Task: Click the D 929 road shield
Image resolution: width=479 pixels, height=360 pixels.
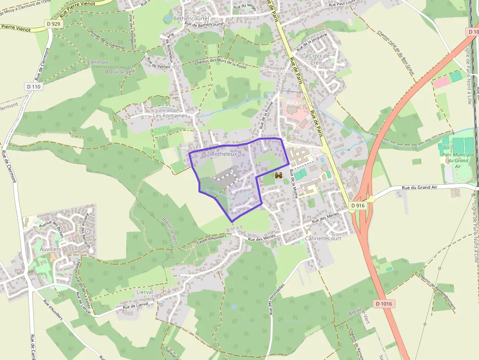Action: pyautogui.click(x=54, y=23)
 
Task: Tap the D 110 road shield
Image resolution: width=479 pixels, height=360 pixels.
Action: pyautogui.click(x=34, y=86)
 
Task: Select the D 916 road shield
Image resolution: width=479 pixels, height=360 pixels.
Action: pyautogui.click(x=358, y=206)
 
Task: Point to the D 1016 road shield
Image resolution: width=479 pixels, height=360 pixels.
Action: pyautogui.click(x=385, y=303)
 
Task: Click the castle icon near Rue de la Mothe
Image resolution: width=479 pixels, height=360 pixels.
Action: pyautogui.click(x=279, y=175)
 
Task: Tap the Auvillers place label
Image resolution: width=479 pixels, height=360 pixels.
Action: pyautogui.click(x=50, y=249)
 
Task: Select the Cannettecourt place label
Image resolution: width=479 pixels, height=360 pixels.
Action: pyautogui.click(x=323, y=238)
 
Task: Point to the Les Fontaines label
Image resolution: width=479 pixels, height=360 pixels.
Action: pyautogui.click(x=170, y=116)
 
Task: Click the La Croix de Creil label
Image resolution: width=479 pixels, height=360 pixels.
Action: pyautogui.click(x=316, y=59)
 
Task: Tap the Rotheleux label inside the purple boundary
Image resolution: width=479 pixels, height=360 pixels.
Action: pyautogui.click(x=224, y=154)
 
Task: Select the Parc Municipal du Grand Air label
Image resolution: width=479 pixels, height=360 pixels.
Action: pyautogui.click(x=458, y=160)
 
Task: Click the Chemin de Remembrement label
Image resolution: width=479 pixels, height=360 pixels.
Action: pyautogui.click(x=437, y=291)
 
